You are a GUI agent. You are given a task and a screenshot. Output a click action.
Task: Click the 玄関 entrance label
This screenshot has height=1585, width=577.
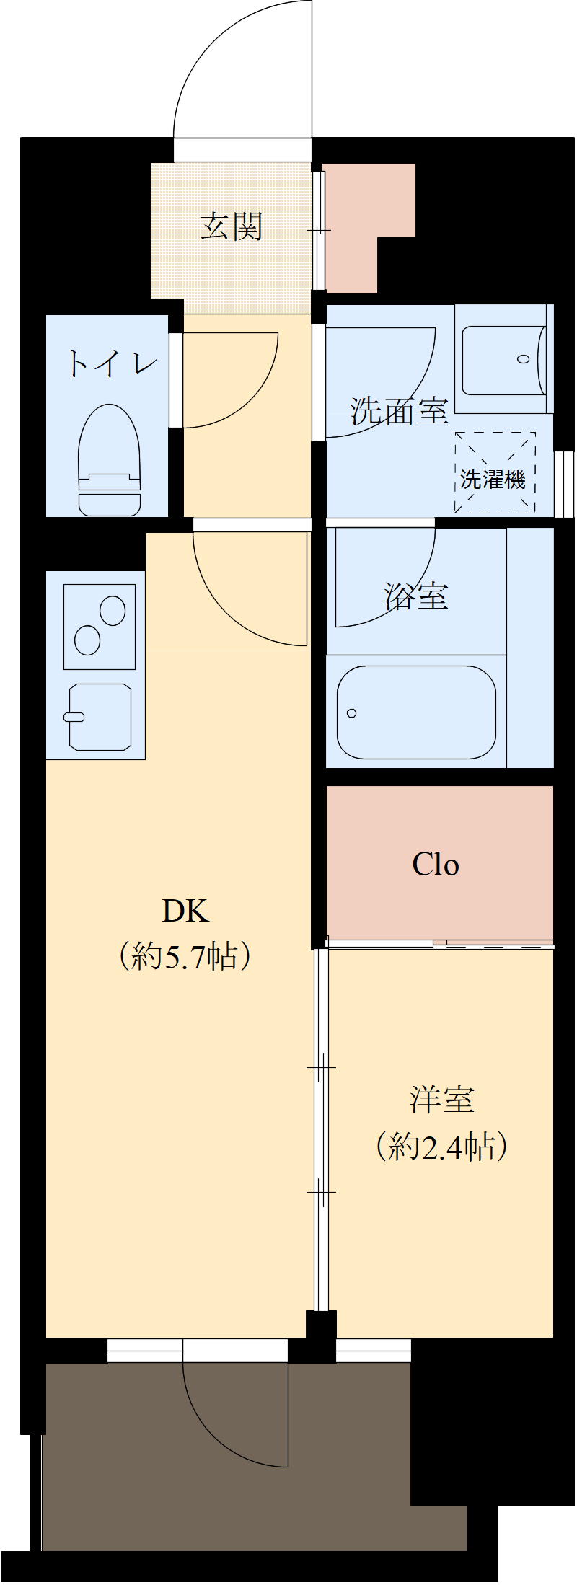(232, 226)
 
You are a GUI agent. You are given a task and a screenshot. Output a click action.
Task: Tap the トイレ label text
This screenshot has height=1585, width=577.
(111, 363)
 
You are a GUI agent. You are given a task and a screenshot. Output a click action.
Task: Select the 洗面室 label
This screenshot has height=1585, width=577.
(400, 411)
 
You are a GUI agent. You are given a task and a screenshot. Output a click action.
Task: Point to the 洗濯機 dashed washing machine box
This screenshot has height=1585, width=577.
(495, 473)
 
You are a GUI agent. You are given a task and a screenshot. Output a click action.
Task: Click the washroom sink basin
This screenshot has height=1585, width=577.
(503, 360)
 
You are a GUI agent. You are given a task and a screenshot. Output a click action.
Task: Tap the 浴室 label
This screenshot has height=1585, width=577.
(416, 596)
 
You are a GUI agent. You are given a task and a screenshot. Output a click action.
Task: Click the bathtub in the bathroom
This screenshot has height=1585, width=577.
(416, 712)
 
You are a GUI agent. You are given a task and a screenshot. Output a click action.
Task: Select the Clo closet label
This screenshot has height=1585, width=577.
(436, 864)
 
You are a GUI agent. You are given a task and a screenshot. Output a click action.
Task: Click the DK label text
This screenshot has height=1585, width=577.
(185, 911)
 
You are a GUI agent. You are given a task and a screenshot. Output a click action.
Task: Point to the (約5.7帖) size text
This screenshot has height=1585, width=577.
(185, 956)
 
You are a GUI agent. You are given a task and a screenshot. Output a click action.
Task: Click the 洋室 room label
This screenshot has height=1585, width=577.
(442, 1100)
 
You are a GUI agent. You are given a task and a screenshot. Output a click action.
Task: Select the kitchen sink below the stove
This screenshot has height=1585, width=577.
(100, 716)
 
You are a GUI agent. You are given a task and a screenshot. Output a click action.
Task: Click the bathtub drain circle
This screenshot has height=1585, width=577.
(351, 713)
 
